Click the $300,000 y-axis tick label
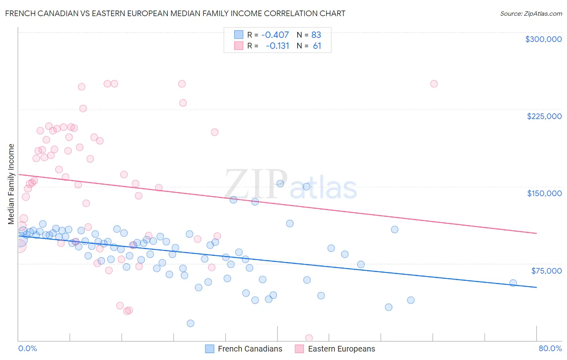(543, 39)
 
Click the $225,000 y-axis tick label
(544, 116)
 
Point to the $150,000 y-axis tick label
(544, 193)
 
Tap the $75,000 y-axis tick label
(546, 271)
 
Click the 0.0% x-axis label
(27, 348)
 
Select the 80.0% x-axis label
(550, 348)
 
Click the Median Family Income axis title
(11, 184)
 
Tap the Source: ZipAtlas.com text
(531, 13)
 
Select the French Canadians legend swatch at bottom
(210, 349)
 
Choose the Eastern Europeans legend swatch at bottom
(299, 349)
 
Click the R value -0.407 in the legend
(275, 35)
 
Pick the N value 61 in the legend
(317, 46)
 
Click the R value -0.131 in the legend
(277, 46)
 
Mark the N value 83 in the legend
(316, 35)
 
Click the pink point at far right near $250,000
(434, 84)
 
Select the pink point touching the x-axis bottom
(309, 338)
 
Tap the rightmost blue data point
(513, 283)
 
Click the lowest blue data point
(190, 323)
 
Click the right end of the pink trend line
(536, 233)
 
